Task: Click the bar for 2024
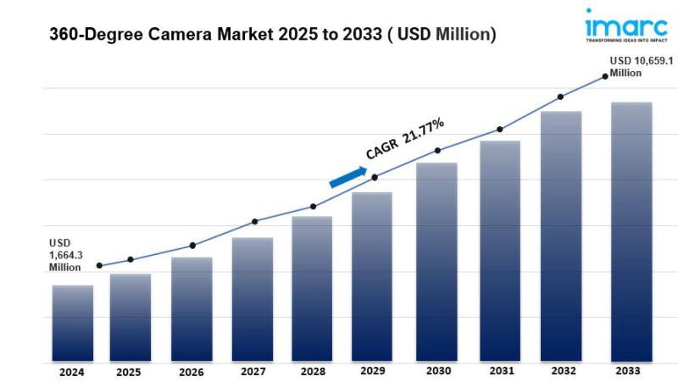tap(73, 324)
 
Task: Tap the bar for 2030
tap(436, 263)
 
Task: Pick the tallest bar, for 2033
tap(631, 232)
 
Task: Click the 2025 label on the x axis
tap(129, 372)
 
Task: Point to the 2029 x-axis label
tap(374, 371)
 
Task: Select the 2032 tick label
tap(562, 371)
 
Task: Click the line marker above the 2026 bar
tap(192, 246)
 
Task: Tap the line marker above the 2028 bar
tap(313, 207)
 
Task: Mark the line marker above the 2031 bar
tap(500, 130)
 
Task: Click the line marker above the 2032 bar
tap(561, 97)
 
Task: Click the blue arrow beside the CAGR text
tap(347, 176)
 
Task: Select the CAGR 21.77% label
tap(404, 139)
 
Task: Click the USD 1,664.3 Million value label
tap(65, 255)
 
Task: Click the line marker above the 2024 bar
tap(99, 266)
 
